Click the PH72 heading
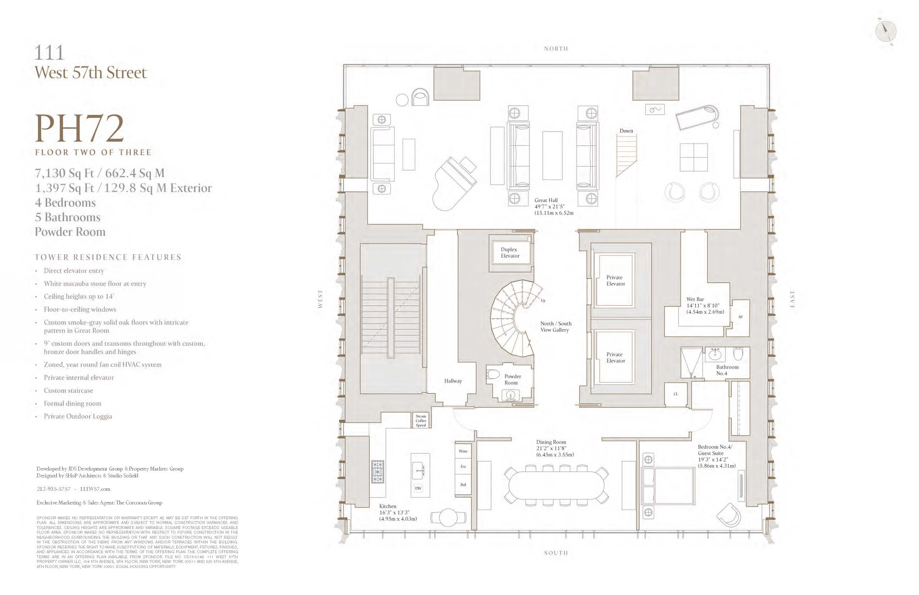point(79,129)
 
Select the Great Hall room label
point(546,200)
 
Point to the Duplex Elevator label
point(510,253)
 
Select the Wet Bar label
point(695,299)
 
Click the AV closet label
point(740,317)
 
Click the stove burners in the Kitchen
point(377,471)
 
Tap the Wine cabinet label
point(463,451)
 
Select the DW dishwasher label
point(418,488)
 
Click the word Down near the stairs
point(626,131)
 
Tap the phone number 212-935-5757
point(53,489)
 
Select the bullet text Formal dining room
point(72,404)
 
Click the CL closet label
point(676,394)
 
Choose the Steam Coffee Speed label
point(421,421)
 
